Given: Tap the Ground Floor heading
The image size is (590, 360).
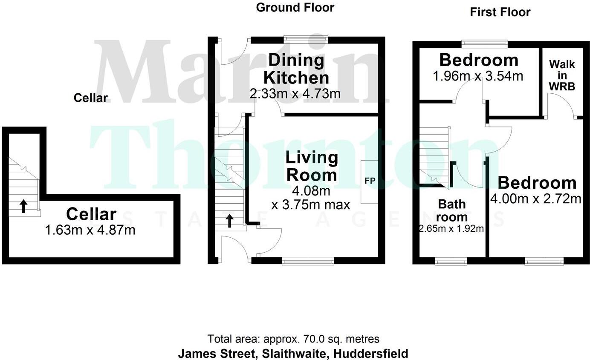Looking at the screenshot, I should point(295,7).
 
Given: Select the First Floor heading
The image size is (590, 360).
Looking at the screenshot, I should point(500,12).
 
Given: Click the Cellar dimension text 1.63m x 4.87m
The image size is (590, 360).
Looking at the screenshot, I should point(90,230).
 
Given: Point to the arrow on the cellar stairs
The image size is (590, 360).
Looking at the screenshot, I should point(23,206).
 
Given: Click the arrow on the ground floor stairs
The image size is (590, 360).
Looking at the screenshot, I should point(229,220).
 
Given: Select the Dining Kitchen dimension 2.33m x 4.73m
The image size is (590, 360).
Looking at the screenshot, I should point(295,94).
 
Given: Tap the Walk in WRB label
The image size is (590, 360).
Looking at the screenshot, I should point(562,75).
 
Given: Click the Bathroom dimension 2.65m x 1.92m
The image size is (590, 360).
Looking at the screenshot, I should point(451,229).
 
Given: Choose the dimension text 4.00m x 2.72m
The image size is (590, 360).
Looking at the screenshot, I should point(536,199).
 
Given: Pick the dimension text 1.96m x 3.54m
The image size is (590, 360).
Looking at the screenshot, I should point(478,76).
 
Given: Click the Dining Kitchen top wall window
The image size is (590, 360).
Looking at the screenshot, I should point(307,39).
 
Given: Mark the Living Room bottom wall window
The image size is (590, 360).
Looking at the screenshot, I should point(307,260).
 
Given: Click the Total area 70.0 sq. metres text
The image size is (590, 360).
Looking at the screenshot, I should point(293,339).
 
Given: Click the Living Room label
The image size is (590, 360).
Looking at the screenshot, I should point(311,167).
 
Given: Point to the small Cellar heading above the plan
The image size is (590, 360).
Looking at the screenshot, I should point(90,98).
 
